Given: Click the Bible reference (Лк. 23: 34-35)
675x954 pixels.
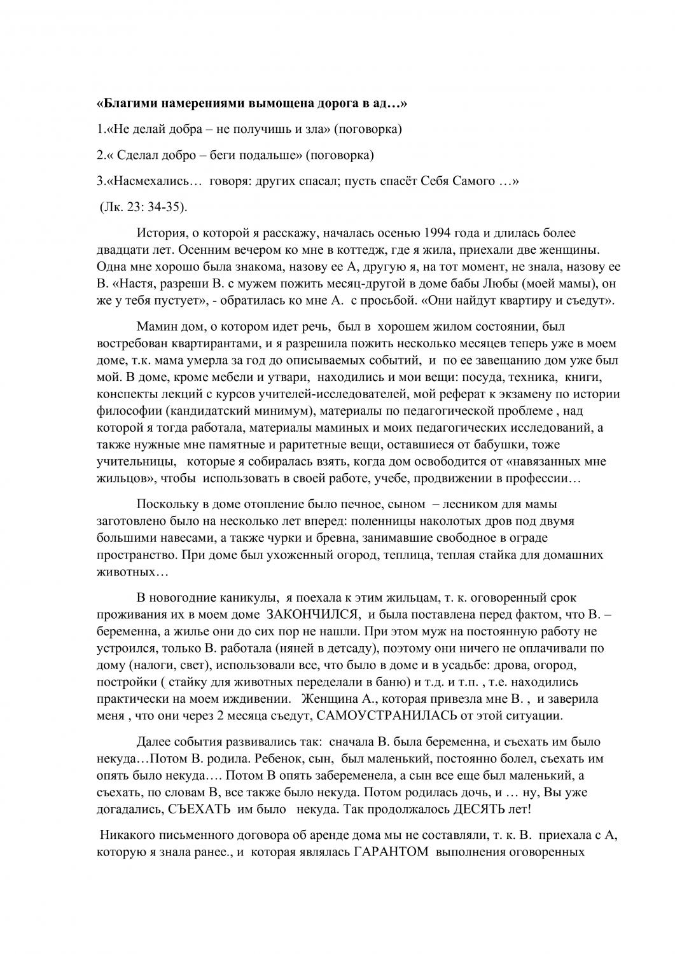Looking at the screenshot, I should pos(144,207).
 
